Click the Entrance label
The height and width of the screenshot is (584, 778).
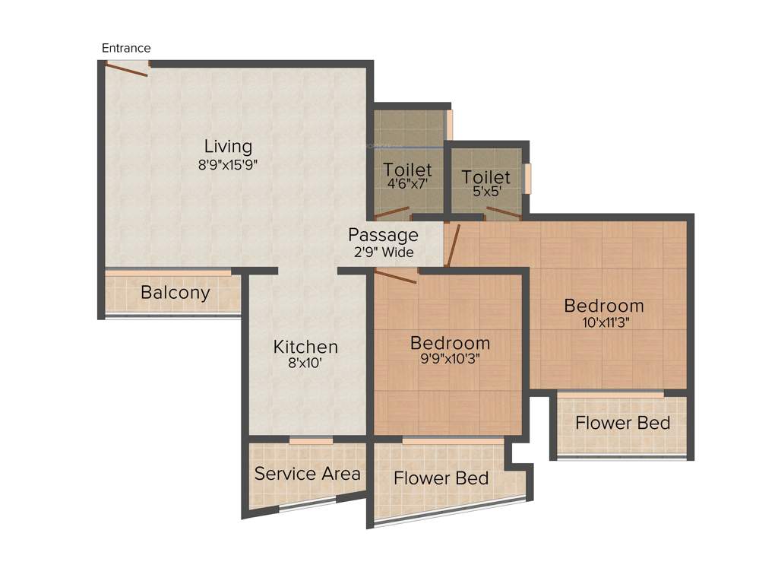(x=126, y=48)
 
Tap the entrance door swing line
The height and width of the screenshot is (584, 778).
(x=126, y=70)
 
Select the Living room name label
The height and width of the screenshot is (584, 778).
(x=228, y=146)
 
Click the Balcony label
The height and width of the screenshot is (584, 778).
(x=175, y=293)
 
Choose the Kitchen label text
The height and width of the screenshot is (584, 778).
(x=305, y=347)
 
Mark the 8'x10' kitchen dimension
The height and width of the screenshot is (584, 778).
(x=305, y=363)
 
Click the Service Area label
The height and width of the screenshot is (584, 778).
(x=307, y=474)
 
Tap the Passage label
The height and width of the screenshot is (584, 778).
(x=383, y=235)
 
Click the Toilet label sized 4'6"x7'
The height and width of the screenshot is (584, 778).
(x=407, y=170)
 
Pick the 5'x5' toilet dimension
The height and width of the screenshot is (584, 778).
(x=486, y=192)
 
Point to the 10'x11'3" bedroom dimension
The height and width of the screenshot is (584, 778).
(x=603, y=322)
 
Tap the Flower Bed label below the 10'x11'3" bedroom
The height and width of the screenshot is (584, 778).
(x=622, y=423)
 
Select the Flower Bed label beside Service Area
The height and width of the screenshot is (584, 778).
(x=441, y=478)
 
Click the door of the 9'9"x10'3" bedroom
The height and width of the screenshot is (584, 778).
(x=396, y=277)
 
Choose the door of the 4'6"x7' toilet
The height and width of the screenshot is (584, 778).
(x=391, y=213)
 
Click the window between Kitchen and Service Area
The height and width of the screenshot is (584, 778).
(x=311, y=440)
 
